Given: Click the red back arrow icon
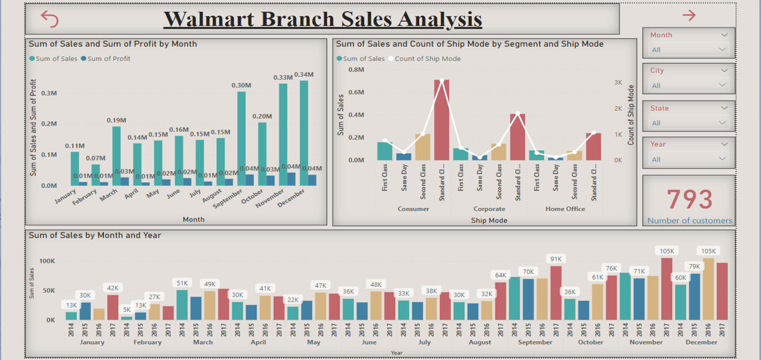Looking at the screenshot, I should [x=50, y=19].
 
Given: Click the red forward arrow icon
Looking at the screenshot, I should [x=689, y=15].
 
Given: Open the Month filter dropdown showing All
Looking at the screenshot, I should [x=688, y=50].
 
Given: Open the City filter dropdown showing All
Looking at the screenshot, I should [x=688, y=85].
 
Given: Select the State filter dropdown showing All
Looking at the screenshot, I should [x=688, y=123].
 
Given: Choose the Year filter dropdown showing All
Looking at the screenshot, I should [x=688, y=159].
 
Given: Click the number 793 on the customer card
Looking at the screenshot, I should [x=690, y=199].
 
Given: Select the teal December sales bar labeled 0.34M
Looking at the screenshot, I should [x=304, y=133].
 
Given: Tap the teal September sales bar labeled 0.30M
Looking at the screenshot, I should [x=241, y=139].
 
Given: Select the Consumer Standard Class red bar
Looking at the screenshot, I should [x=442, y=120].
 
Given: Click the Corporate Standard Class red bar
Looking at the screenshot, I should [x=517, y=137].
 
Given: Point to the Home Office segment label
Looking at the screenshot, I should [x=565, y=209].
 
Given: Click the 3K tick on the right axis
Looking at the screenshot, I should [x=618, y=83].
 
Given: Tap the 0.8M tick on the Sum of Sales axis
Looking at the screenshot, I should [x=356, y=69].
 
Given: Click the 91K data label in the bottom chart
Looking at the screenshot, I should [x=556, y=259].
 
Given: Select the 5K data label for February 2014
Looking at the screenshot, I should [x=126, y=309].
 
